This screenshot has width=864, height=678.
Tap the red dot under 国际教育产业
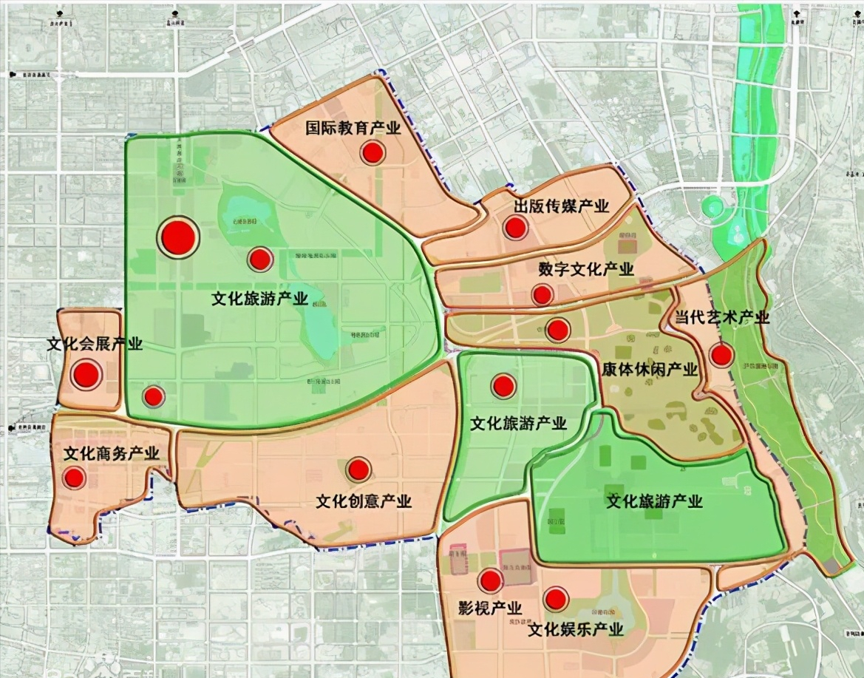tap(373, 153)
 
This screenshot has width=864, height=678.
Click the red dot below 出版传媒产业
tap(515, 228)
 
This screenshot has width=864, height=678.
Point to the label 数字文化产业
tap(585, 269)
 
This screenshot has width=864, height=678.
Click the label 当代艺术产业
tap(722, 318)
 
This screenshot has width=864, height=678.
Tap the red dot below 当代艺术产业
tap(721, 356)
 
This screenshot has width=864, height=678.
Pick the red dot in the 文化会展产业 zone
tap(86, 375)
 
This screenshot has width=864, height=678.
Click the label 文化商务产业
tap(112, 454)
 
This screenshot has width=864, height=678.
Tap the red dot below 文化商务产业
tap(73, 478)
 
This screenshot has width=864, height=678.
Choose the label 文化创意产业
tap(364, 501)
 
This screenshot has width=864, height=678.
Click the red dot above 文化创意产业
tap(359, 469)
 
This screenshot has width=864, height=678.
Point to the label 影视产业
tap(490, 608)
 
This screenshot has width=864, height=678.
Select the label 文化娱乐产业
tap(576, 630)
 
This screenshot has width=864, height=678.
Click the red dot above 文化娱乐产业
tap(556, 598)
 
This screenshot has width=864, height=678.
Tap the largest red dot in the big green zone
tap(178, 237)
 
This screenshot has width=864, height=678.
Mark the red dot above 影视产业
tap(490, 581)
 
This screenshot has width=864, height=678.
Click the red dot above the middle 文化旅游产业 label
tap(503, 385)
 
